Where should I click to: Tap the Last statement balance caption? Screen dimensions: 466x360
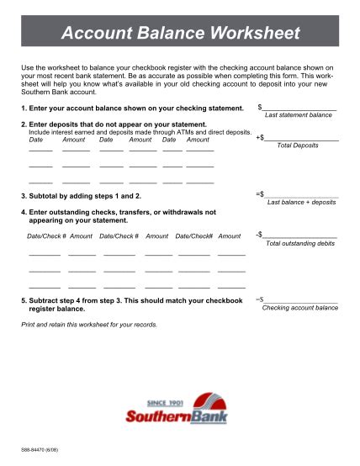click(298, 114)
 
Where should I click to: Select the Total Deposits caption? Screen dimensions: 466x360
click(298, 146)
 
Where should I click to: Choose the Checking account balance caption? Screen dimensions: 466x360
click(299, 308)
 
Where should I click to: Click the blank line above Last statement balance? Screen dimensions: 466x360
click(300, 108)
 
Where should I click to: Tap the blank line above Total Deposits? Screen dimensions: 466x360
click(302, 138)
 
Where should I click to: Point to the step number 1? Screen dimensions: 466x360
click(23, 109)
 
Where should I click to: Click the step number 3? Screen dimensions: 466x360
click(23, 195)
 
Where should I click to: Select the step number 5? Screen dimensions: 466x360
click(23, 300)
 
